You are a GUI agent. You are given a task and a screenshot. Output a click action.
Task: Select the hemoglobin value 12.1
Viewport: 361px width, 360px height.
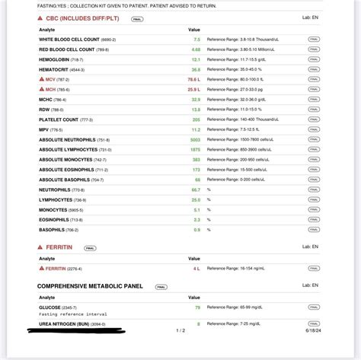pyautogui.click(x=196, y=59)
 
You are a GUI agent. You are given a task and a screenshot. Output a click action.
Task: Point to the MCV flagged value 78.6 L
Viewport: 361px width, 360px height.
pyautogui.click(x=194, y=78)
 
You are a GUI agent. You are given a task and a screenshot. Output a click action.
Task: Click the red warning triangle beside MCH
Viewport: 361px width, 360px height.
pyautogui.click(x=41, y=89)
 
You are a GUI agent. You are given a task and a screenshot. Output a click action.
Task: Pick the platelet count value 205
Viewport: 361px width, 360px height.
pyautogui.click(x=196, y=119)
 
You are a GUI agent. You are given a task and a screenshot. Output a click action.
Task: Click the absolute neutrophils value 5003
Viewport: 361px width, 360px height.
pyautogui.click(x=194, y=139)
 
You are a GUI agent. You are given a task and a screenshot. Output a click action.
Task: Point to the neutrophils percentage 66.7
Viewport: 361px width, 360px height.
pyautogui.click(x=196, y=190)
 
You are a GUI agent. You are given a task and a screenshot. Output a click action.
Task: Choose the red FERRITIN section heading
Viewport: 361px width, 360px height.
pyautogui.click(x=64, y=247)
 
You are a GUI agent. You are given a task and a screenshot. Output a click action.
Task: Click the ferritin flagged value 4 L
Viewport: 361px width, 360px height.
pyautogui.click(x=196, y=268)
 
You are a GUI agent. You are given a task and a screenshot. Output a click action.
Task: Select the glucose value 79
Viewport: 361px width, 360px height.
pyautogui.click(x=196, y=307)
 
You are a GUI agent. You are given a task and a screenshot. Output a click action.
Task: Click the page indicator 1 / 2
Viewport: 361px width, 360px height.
pyautogui.click(x=180, y=330)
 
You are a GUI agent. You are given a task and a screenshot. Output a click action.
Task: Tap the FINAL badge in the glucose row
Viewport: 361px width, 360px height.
pyautogui.click(x=314, y=307)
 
